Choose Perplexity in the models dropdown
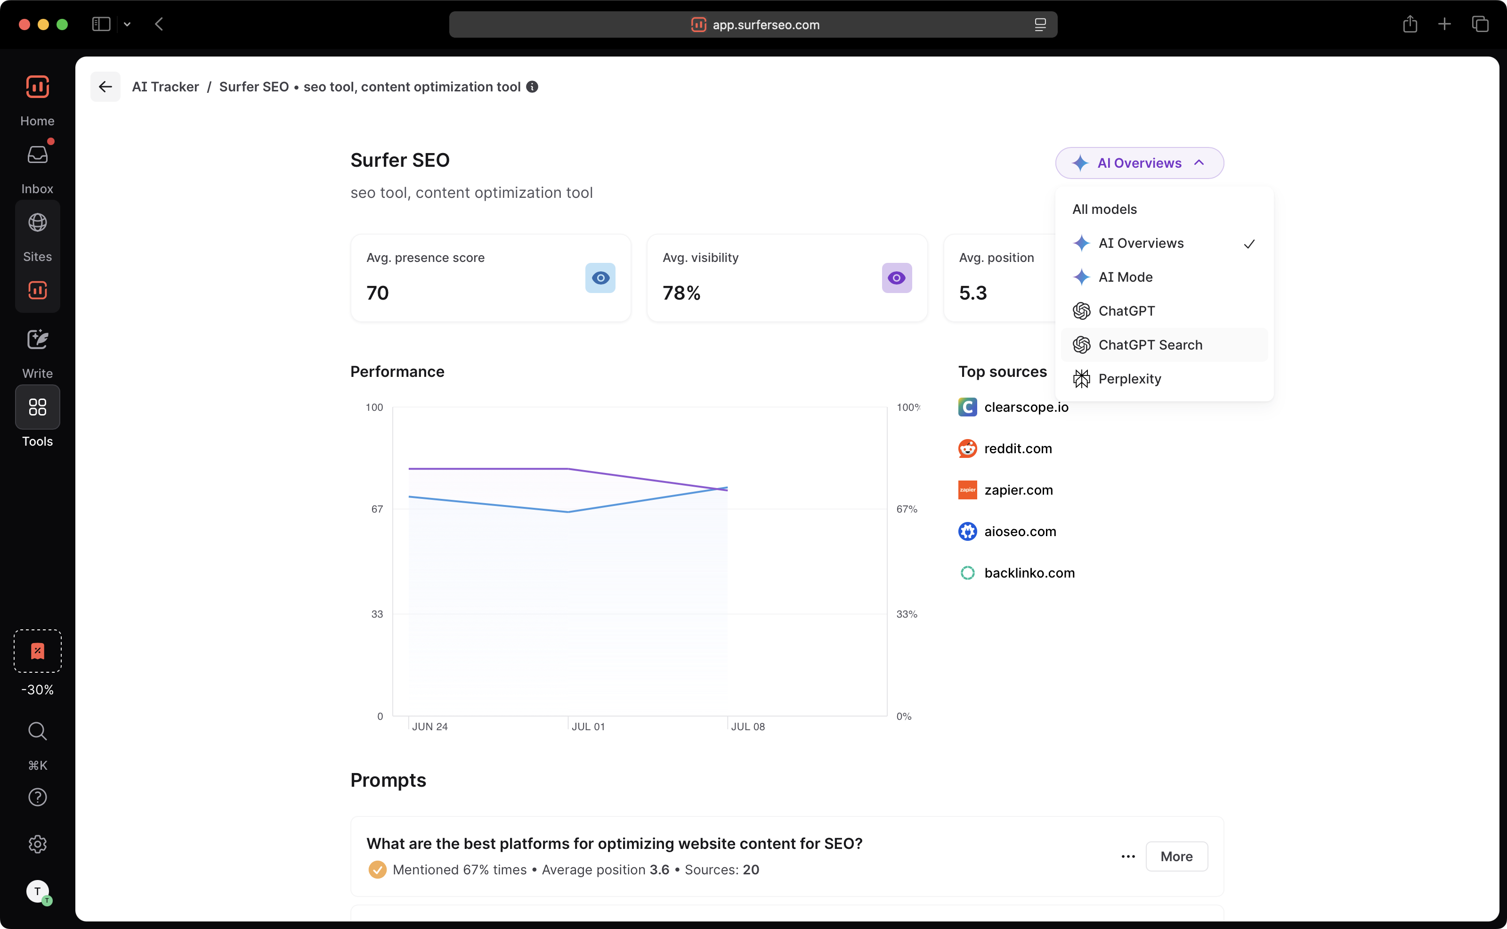pyautogui.click(x=1129, y=379)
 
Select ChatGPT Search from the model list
pyautogui.click(x=1150, y=345)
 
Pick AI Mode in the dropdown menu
pyautogui.click(x=1125, y=277)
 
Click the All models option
pyautogui.click(x=1104, y=210)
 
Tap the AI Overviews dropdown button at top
pyautogui.click(x=1139, y=163)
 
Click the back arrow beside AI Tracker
pyautogui.click(x=105, y=87)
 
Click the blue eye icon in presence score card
pyautogui.click(x=600, y=278)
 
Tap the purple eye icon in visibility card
pyautogui.click(x=897, y=278)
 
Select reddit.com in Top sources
pyautogui.click(x=1018, y=449)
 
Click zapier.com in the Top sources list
pyautogui.click(x=1018, y=490)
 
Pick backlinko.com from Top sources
pyautogui.click(x=1029, y=573)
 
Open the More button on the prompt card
pyautogui.click(x=1176, y=856)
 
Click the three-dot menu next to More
pyautogui.click(x=1128, y=856)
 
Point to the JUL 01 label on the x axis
pyautogui.click(x=588, y=727)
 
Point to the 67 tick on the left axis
pyautogui.click(x=377, y=509)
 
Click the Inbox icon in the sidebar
pyautogui.click(x=38, y=155)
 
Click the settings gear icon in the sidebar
pyautogui.click(x=38, y=844)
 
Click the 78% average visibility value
pyautogui.click(x=681, y=293)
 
